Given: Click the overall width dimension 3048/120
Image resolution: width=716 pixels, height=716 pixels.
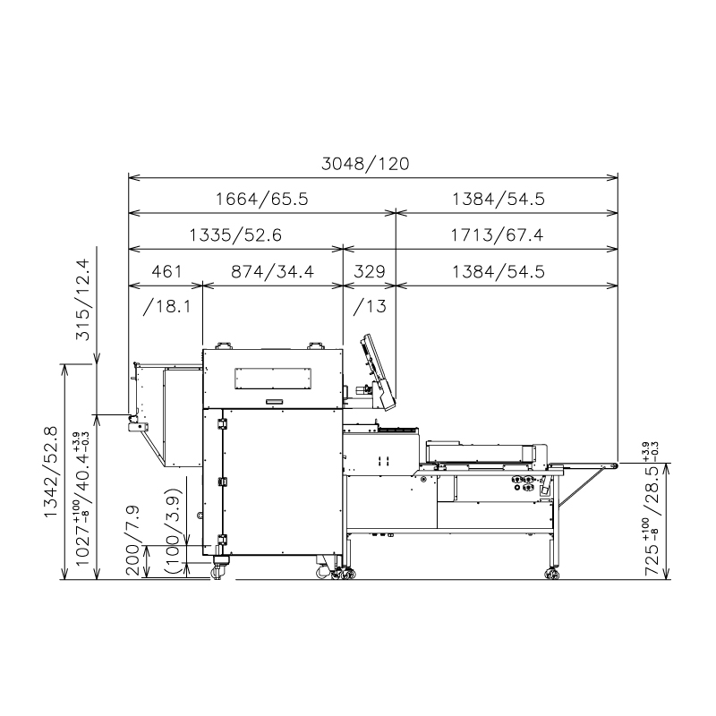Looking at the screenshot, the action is (365, 164).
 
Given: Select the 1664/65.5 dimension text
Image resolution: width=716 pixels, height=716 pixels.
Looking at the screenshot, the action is (261, 199).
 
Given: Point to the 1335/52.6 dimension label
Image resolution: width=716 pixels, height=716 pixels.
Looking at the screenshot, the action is (235, 235).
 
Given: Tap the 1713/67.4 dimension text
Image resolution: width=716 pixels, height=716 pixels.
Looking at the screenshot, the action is (498, 235).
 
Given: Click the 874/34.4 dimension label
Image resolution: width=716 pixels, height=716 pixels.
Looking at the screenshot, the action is (273, 272).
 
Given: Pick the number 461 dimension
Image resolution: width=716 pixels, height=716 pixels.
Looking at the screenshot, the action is (166, 272).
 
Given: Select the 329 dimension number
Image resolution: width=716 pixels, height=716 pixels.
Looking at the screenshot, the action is (370, 272).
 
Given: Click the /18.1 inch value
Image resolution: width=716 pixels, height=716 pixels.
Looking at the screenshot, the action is (166, 306).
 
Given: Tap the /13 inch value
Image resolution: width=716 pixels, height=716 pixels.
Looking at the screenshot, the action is (370, 306).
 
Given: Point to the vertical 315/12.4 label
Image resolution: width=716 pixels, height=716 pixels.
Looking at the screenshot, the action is (83, 300).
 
